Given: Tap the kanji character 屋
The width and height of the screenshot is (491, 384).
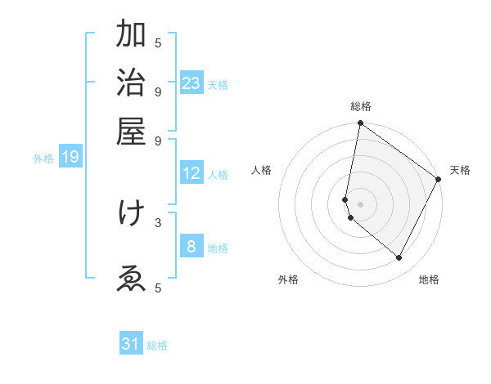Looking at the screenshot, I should (131, 131).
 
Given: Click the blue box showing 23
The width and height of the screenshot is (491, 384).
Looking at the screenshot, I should (191, 83).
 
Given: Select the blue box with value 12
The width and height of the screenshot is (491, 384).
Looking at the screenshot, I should (191, 173).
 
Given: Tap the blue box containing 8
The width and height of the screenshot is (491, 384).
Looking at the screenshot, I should (191, 247).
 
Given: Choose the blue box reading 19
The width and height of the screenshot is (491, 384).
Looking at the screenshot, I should (70, 157).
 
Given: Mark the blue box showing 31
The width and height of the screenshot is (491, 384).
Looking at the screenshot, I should (131, 344).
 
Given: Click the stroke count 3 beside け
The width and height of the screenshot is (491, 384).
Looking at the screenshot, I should (158, 221).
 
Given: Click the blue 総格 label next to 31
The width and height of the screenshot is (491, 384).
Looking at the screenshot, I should (158, 346).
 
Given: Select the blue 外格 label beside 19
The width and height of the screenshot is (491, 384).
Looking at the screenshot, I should (43, 159).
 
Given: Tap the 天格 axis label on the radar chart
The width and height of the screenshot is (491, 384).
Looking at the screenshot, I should (460, 170).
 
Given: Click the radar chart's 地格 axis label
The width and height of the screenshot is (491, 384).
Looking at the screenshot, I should (429, 279).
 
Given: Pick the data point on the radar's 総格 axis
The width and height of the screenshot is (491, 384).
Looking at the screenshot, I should (360, 124).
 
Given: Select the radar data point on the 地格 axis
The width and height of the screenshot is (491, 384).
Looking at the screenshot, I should (399, 258).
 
